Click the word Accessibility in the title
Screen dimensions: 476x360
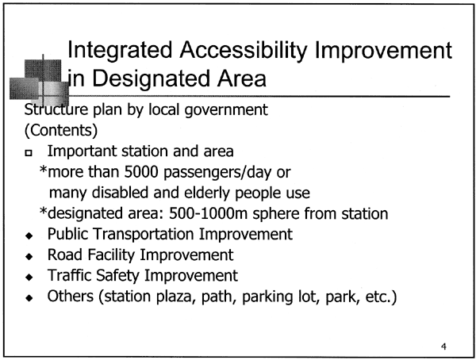[244, 51]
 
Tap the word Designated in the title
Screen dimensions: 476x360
[151, 79]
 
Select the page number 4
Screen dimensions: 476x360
[443, 347]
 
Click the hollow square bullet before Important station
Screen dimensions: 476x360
[29, 153]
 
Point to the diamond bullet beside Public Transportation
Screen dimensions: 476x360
[29, 236]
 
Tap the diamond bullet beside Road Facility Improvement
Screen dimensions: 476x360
[29, 256]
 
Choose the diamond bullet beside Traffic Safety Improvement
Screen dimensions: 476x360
[29, 277]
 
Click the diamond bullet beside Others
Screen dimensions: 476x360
[29, 298]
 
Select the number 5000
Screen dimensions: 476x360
[141, 172]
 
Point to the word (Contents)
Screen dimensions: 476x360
[61, 130]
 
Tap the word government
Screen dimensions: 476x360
[226, 110]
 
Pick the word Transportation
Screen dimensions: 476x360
[144, 234]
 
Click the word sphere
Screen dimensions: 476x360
[276, 214]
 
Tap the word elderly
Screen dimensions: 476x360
[207, 193]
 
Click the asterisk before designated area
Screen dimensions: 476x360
[44, 211]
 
